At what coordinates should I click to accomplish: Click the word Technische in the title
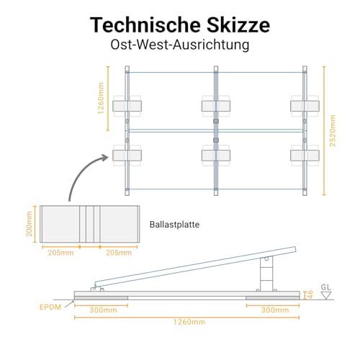(x=145, y=24)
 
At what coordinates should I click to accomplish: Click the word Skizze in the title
(x=238, y=24)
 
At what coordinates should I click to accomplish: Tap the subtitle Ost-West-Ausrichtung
(x=180, y=45)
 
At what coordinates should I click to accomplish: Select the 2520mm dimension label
(x=333, y=131)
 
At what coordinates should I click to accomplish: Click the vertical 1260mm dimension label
(x=101, y=99)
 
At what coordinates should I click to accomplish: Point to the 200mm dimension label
(x=29, y=224)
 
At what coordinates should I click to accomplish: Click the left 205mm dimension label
(x=60, y=253)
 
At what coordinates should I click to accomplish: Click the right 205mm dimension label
(x=119, y=253)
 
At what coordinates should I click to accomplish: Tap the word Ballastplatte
(x=174, y=225)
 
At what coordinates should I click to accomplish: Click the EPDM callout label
(x=50, y=307)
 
